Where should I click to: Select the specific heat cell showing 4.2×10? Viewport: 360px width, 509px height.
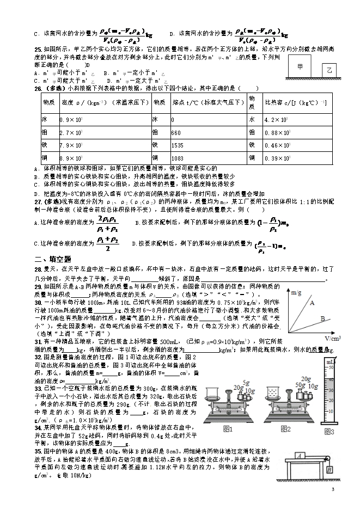pyautogui.click(x=276, y=119)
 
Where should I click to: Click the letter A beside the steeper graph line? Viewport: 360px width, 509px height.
pyautogui.click(x=312, y=303)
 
